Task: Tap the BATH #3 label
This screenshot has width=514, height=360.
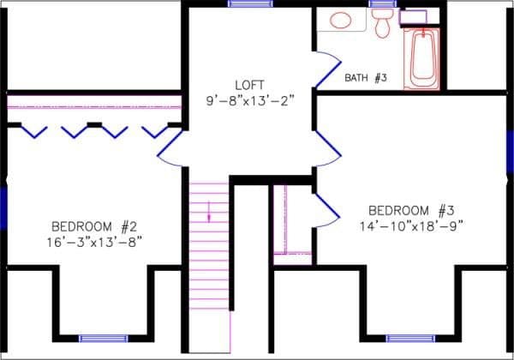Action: pos(367,78)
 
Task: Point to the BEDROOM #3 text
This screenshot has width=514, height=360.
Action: pos(410,211)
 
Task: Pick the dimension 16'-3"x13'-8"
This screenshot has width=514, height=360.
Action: pos(95,242)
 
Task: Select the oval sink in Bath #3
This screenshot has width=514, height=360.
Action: pos(340,19)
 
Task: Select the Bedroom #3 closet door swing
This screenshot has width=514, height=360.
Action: pos(326,209)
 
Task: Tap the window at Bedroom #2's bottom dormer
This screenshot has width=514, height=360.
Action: pos(104,338)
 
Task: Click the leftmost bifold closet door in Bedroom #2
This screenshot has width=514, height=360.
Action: pos(33,131)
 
